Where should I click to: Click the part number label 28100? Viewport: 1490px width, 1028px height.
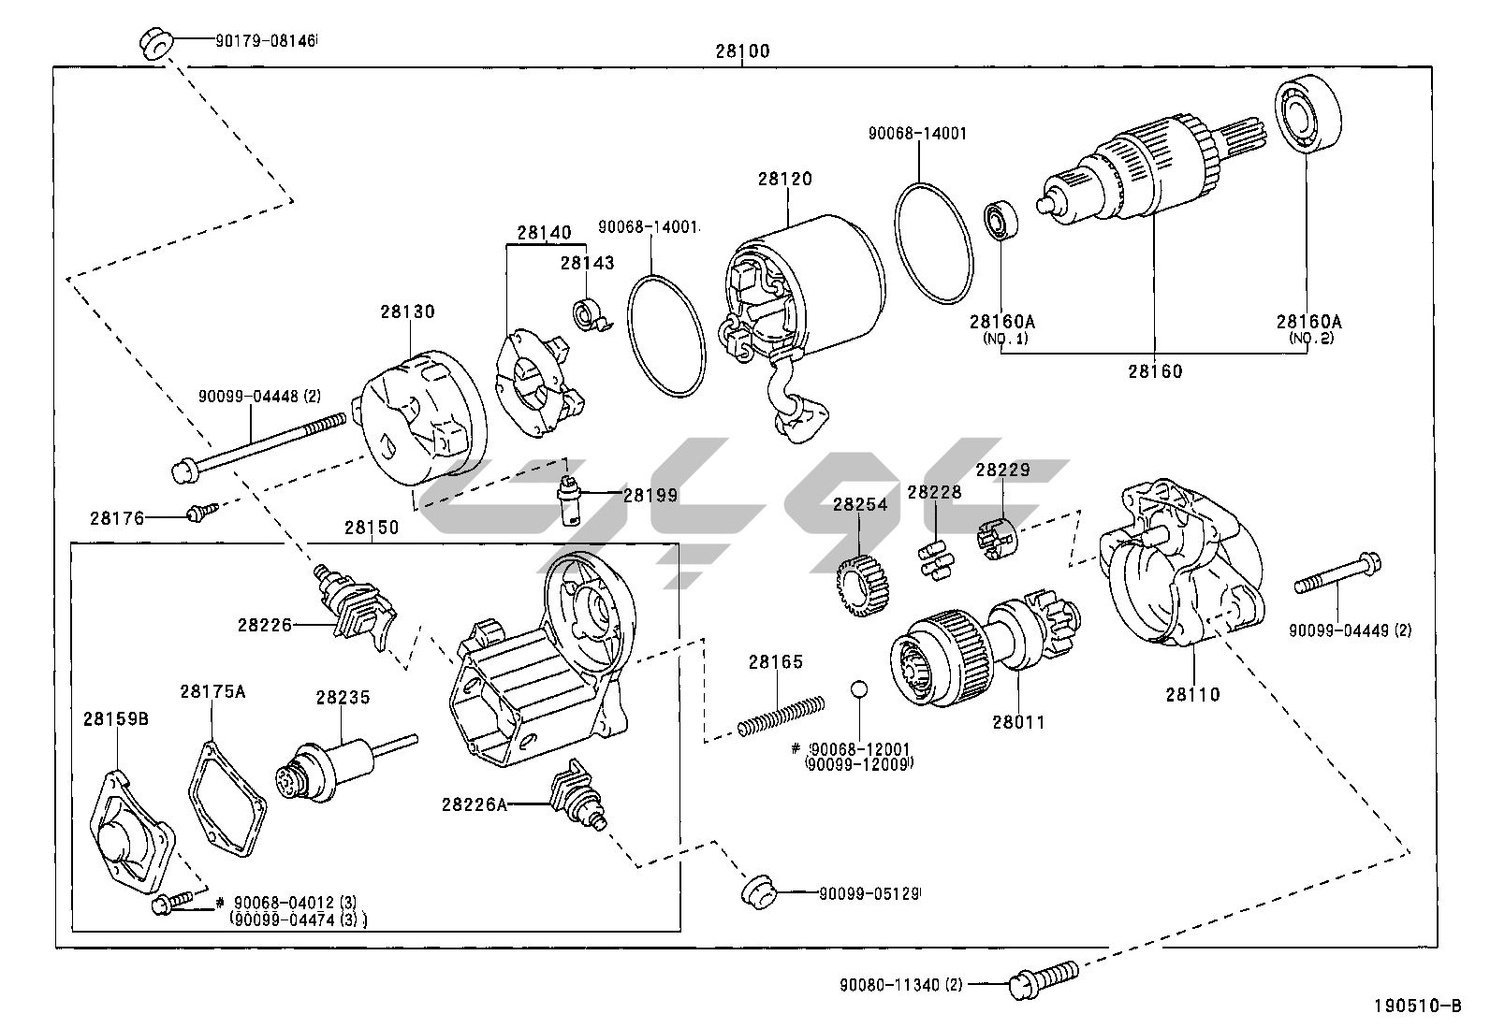point(742,51)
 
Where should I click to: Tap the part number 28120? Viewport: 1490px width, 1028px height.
point(784,179)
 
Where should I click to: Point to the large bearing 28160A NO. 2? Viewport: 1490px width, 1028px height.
point(1307,116)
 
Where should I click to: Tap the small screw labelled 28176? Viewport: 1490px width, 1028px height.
point(200,512)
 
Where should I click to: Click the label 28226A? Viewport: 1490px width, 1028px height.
point(475,804)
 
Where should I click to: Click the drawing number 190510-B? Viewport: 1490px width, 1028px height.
point(1416,1006)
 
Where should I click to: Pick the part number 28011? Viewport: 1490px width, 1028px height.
point(1017,722)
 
